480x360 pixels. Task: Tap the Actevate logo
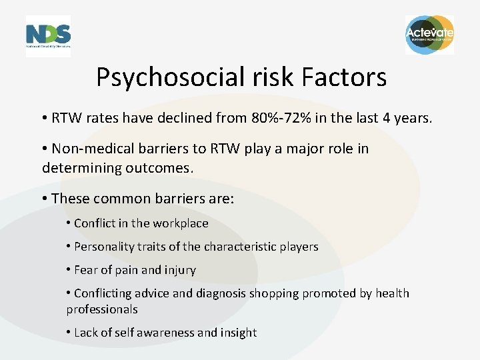tap(429, 34)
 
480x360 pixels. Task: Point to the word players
tap(298, 247)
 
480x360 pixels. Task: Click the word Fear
tap(86, 270)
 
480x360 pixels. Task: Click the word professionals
tap(102, 309)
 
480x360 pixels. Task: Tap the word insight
tap(239, 333)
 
